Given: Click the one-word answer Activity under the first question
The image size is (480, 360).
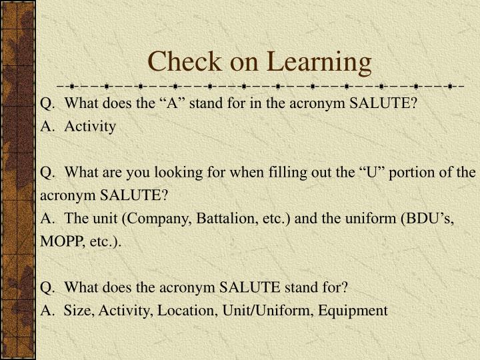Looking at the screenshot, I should click(x=90, y=127).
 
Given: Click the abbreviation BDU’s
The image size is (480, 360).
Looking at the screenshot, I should click(x=431, y=218).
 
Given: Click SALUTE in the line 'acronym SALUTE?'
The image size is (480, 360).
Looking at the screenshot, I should click(x=130, y=195).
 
